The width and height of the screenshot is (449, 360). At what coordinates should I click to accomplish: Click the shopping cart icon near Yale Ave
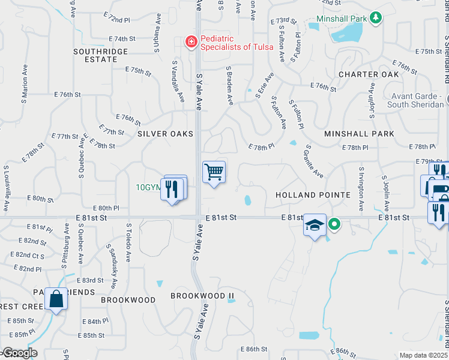(x=214, y=172)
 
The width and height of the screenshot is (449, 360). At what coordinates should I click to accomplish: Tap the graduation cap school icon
(x=315, y=225)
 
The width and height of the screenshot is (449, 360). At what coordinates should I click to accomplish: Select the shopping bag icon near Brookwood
(x=56, y=299)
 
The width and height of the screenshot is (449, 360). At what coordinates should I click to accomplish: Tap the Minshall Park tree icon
(x=376, y=18)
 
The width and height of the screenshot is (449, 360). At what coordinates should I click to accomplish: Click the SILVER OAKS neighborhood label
(x=165, y=133)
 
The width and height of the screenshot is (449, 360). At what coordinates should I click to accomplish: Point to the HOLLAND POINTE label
(x=313, y=195)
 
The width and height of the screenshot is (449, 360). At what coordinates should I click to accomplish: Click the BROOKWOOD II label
(x=202, y=296)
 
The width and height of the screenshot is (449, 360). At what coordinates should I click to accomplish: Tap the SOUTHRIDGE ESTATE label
(x=101, y=55)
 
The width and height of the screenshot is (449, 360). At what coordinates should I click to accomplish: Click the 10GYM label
(x=148, y=187)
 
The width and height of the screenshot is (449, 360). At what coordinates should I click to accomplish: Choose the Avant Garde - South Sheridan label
(x=421, y=101)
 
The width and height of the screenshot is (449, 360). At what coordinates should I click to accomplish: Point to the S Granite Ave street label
(x=315, y=161)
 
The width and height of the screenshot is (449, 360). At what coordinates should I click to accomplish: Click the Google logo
(x=19, y=353)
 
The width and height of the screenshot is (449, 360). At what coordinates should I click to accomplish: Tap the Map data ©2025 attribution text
(x=423, y=355)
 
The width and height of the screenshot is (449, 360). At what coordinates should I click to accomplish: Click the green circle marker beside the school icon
(x=335, y=225)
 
